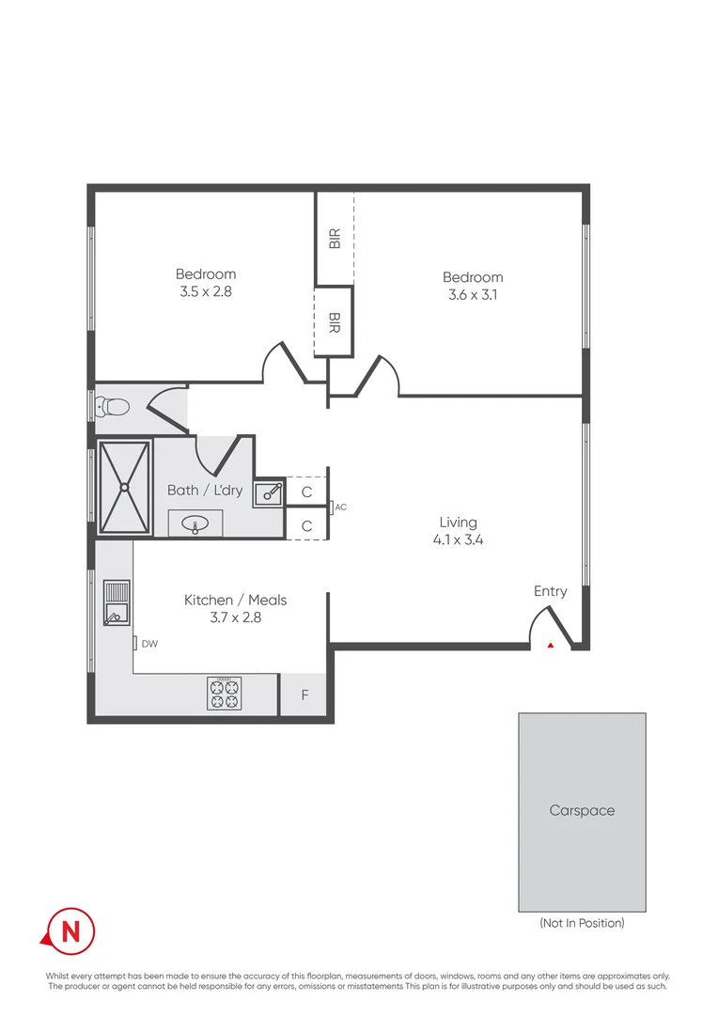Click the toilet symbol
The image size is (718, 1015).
pyautogui.click(x=113, y=407)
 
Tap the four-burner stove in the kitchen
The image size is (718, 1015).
pyautogui.click(x=225, y=694)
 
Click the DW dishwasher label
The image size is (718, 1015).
pyautogui.click(x=148, y=644)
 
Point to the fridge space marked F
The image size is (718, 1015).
pyautogui.click(x=304, y=696)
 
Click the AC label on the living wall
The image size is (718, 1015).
pyautogui.click(x=340, y=507)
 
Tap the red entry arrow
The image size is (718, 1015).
pyautogui.click(x=551, y=646)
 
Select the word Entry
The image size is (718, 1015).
pyautogui.click(x=550, y=591)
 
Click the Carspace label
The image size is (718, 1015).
pyautogui.click(x=582, y=810)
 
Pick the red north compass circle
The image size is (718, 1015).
pyautogui.click(x=70, y=930)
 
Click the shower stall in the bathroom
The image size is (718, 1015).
pyautogui.click(x=125, y=487)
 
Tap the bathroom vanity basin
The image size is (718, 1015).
pyautogui.click(x=196, y=523)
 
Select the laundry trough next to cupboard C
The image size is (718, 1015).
pyautogui.click(x=268, y=491)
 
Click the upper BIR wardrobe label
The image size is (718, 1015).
pyautogui.click(x=335, y=239)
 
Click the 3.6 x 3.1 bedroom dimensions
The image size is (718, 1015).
pyautogui.click(x=473, y=294)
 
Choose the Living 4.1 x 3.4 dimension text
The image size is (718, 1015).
pyautogui.click(x=458, y=539)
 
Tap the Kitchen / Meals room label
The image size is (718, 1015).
pyautogui.click(x=235, y=600)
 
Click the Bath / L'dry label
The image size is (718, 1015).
pyautogui.click(x=204, y=490)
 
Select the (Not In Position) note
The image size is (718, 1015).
pyautogui.click(x=582, y=923)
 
